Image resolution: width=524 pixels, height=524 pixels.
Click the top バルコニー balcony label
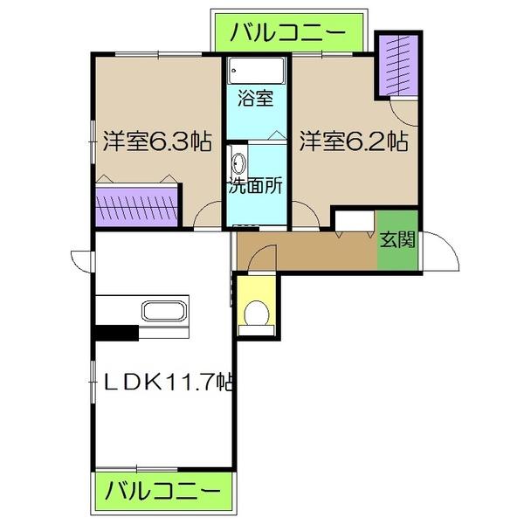287,34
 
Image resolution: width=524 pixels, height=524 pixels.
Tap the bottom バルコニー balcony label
163,492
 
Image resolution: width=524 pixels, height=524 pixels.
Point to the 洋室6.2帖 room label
354,141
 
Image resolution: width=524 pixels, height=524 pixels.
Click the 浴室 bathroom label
258,98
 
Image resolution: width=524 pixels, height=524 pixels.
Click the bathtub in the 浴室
257,70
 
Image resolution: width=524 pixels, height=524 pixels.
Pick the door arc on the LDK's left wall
81,260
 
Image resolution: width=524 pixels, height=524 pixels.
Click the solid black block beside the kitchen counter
116,332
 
